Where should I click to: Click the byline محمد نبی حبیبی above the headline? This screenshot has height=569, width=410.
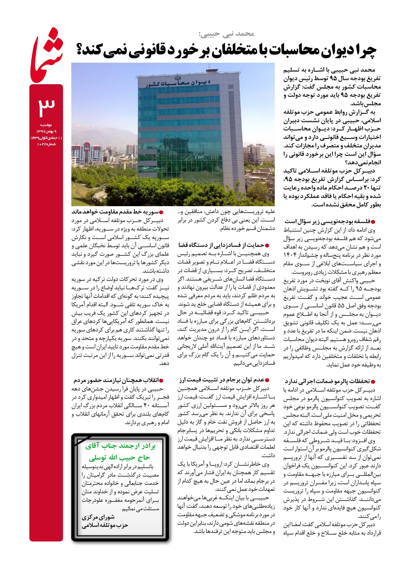(x=227, y=34)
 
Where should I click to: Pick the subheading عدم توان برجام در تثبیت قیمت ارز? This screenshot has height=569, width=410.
(x=224, y=380)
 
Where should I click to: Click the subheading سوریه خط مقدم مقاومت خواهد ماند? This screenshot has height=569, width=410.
(x=117, y=212)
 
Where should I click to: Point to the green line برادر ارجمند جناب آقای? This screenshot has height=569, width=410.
(x=121, y=447)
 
